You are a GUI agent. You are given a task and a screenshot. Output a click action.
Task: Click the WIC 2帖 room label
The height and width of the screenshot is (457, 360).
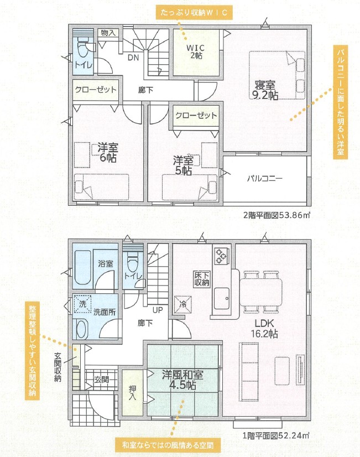(x=196, y=51)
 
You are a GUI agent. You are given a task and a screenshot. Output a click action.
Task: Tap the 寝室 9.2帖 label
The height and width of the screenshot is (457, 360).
(x=265, y=90)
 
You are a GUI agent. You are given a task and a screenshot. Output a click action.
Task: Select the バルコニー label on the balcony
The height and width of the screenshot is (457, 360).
(x=265, y=178)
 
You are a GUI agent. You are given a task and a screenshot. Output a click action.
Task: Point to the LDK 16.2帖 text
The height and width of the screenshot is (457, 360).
(x=264, y=329)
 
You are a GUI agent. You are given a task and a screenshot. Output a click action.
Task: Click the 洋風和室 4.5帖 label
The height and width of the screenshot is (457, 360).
(x=182, y=380)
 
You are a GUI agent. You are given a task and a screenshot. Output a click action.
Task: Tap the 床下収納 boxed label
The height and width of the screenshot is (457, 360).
(x=201, y=279)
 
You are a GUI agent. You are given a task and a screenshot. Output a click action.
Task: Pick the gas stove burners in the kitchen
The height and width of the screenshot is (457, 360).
(x=221, y=256)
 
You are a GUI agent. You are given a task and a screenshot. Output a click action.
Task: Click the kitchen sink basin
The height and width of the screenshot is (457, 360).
(x=222, y=298)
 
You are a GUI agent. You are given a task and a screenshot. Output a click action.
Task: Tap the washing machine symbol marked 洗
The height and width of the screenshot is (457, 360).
(x=82, y=304)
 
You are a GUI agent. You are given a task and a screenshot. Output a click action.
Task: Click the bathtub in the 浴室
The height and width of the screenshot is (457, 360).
(x=84, y=267)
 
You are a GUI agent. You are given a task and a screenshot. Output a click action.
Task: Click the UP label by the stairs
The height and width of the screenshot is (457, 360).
(x=158, y=310)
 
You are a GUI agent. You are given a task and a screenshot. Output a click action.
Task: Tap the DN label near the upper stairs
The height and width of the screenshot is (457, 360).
(x=133, y=58)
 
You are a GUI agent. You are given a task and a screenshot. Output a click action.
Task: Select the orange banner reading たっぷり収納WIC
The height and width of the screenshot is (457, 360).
(x=194, y=13)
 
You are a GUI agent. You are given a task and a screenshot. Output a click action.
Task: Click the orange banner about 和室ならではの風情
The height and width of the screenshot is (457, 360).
(x=168, y=445)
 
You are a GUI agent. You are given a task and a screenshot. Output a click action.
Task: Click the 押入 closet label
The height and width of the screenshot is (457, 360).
(x=133, y=393)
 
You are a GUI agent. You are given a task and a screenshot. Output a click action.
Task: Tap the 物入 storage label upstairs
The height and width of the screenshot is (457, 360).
(x=108, y=33)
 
